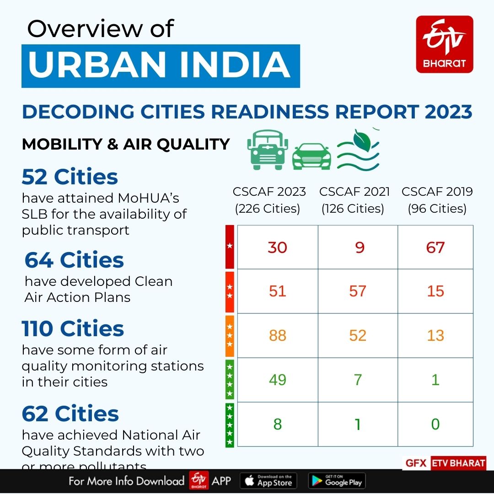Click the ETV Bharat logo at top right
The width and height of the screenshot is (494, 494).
(x=444, y=44)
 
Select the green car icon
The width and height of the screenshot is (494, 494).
(x=311, y=157)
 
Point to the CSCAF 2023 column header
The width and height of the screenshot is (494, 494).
(x=269, y=200)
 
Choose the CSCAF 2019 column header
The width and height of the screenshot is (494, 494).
(x=437, y=200)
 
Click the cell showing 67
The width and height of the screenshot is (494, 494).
(x=435, y=247)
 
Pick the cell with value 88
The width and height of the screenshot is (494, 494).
(x=277, y=335)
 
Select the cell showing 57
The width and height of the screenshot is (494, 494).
(x=357, y=291)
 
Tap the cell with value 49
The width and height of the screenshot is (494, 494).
(x=277, y=380)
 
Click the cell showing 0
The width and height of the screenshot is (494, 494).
(x=435, y=424)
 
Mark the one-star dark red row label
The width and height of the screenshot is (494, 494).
(x=230, y=247)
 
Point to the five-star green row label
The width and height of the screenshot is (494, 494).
(x=230, y=425)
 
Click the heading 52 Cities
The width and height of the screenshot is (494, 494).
(x=70, y=177)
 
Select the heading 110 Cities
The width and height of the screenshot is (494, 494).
(x=73, y=328)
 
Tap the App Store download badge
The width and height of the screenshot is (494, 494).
(x=268, y=481)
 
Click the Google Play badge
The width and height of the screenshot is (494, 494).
(x=337, y=481)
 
